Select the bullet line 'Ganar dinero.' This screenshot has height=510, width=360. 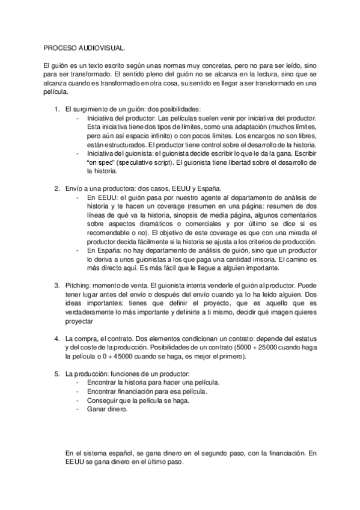pos(107,408)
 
